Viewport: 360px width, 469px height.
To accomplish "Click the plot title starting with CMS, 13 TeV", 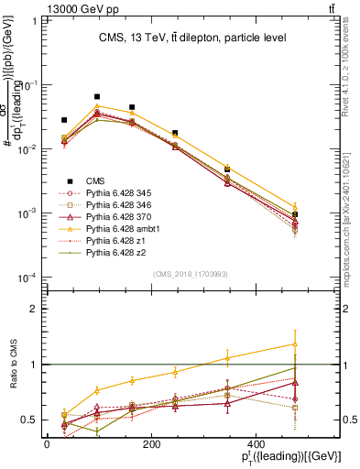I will click(x=192, y=38).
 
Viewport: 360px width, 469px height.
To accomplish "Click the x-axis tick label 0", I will click(x=47, y=443).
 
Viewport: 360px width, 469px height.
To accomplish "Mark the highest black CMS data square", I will click(x=97, y=96).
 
